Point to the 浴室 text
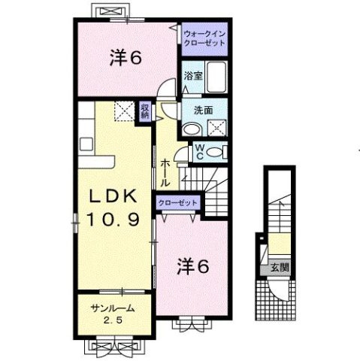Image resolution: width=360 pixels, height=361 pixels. click(x=192, y=76)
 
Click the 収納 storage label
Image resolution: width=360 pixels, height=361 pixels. click(x=145, y=111)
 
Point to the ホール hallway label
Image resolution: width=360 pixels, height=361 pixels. click(x=165, y=172)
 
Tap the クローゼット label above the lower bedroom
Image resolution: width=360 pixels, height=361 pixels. click(x=178, y=202)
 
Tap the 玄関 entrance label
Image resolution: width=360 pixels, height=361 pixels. click(x=280, y=266)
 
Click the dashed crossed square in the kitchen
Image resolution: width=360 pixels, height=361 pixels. click(x=122, y=111)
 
